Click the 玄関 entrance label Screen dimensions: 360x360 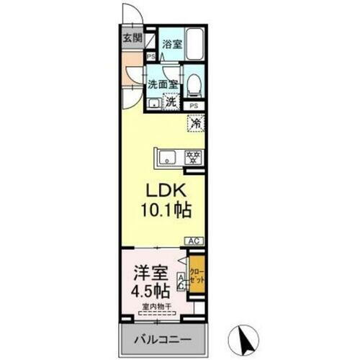[132, 38]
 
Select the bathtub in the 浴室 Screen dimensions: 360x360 [195, 44]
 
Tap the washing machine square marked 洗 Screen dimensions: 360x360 [171, 102]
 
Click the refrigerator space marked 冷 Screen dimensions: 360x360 [195, 123]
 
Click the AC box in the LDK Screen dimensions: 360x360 [192, 240]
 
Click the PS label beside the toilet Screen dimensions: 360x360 [194, 106]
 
